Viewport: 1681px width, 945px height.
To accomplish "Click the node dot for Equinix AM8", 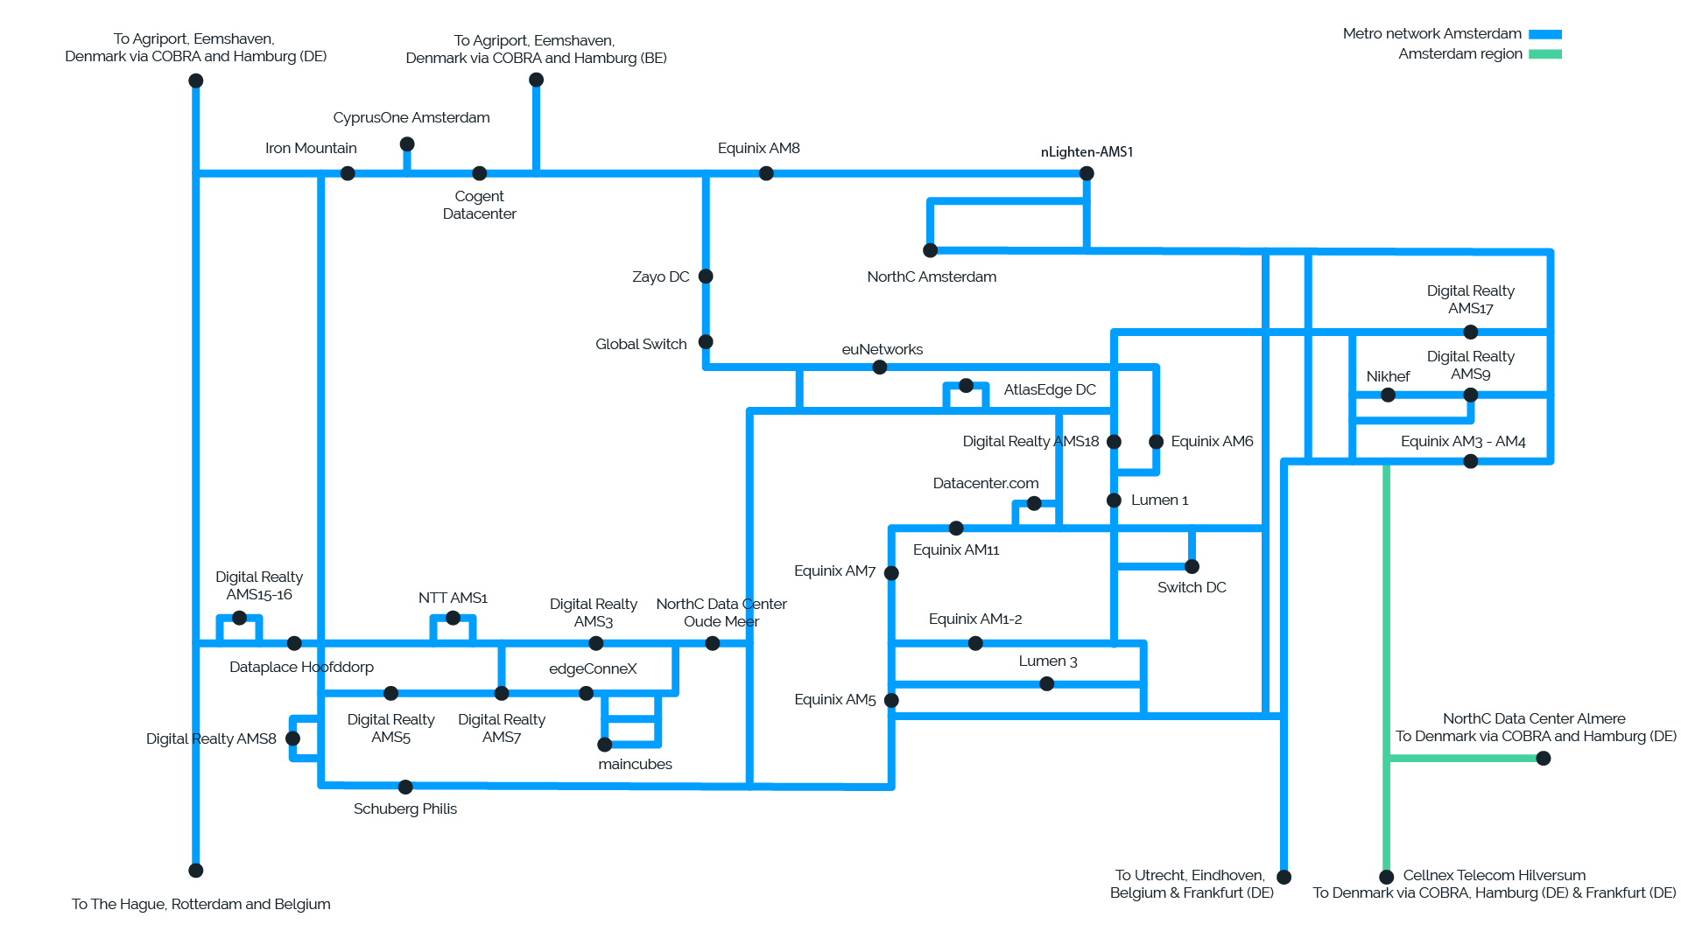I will point(766,173).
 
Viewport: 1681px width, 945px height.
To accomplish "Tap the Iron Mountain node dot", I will point(348,173).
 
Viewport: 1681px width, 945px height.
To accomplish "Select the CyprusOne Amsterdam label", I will point(411,117).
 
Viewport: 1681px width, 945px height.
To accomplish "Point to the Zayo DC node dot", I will point(706,276).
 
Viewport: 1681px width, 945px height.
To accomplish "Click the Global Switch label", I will point(641,344).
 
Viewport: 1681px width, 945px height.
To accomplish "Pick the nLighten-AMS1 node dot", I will point(1087,173).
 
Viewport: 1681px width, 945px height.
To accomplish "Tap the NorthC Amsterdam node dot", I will point(931,250).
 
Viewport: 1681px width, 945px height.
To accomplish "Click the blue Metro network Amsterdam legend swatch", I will point(1545,34).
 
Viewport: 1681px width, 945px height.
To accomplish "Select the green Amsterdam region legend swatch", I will point(1545,54).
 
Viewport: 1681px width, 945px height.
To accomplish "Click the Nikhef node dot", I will point(1388,395).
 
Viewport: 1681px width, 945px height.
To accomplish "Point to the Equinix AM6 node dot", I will point(1156,442).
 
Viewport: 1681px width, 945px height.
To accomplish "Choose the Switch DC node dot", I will point(1192,566).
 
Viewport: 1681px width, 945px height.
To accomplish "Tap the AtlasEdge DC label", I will point(1049,389).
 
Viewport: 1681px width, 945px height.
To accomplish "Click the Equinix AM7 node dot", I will point(891,573).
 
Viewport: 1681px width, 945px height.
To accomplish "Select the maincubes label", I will point(635,764).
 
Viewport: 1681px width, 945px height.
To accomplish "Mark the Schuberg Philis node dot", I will point(405,787).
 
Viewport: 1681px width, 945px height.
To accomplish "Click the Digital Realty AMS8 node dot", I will point(293,738).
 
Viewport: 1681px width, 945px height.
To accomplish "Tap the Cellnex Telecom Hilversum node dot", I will point(1386,877).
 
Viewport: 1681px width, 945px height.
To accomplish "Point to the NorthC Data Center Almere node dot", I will point(1544,758).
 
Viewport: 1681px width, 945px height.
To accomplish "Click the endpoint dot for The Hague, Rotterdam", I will point(196,871).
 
